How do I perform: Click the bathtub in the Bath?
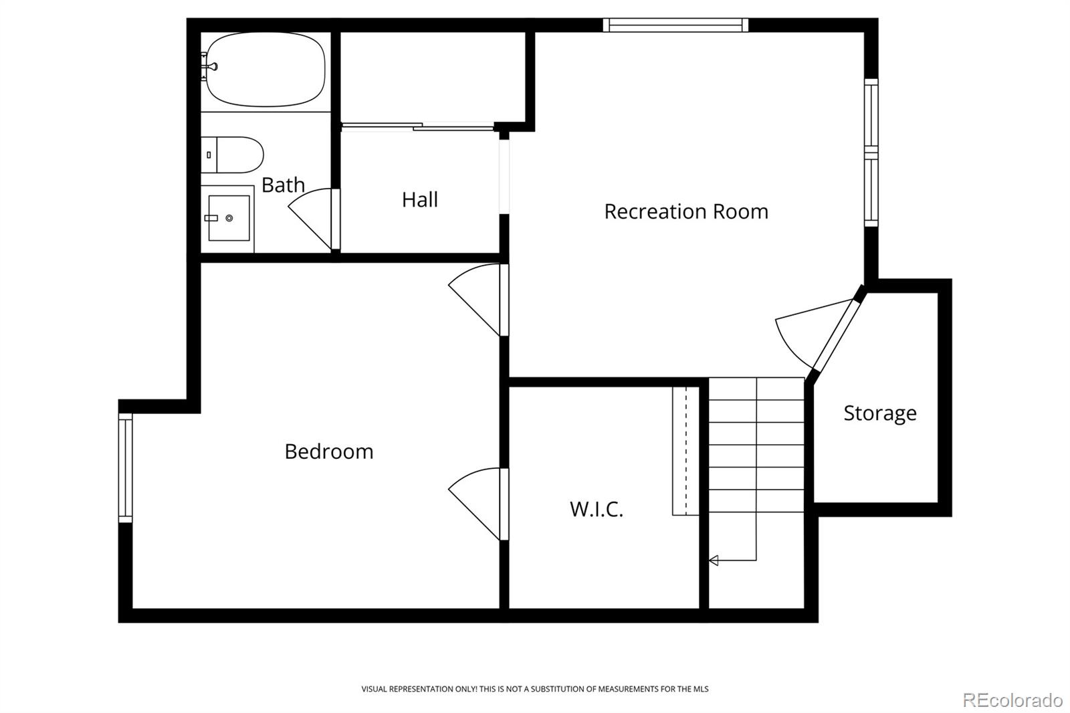(265, 70)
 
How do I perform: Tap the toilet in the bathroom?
(232, 155)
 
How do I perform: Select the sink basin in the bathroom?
(229, 218)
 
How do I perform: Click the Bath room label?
(283, 185)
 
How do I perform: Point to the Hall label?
(419, 200)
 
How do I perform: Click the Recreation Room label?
(686, 212)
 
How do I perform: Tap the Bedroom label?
(328, 451)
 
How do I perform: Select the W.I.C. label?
(596, 510)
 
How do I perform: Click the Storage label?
(880, 413)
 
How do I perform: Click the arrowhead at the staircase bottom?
(714, 560)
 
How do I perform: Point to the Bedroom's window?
(125, 468)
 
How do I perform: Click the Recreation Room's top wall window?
(675, 25)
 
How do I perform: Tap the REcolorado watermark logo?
(1012, 700)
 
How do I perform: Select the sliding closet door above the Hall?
(417, 126)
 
